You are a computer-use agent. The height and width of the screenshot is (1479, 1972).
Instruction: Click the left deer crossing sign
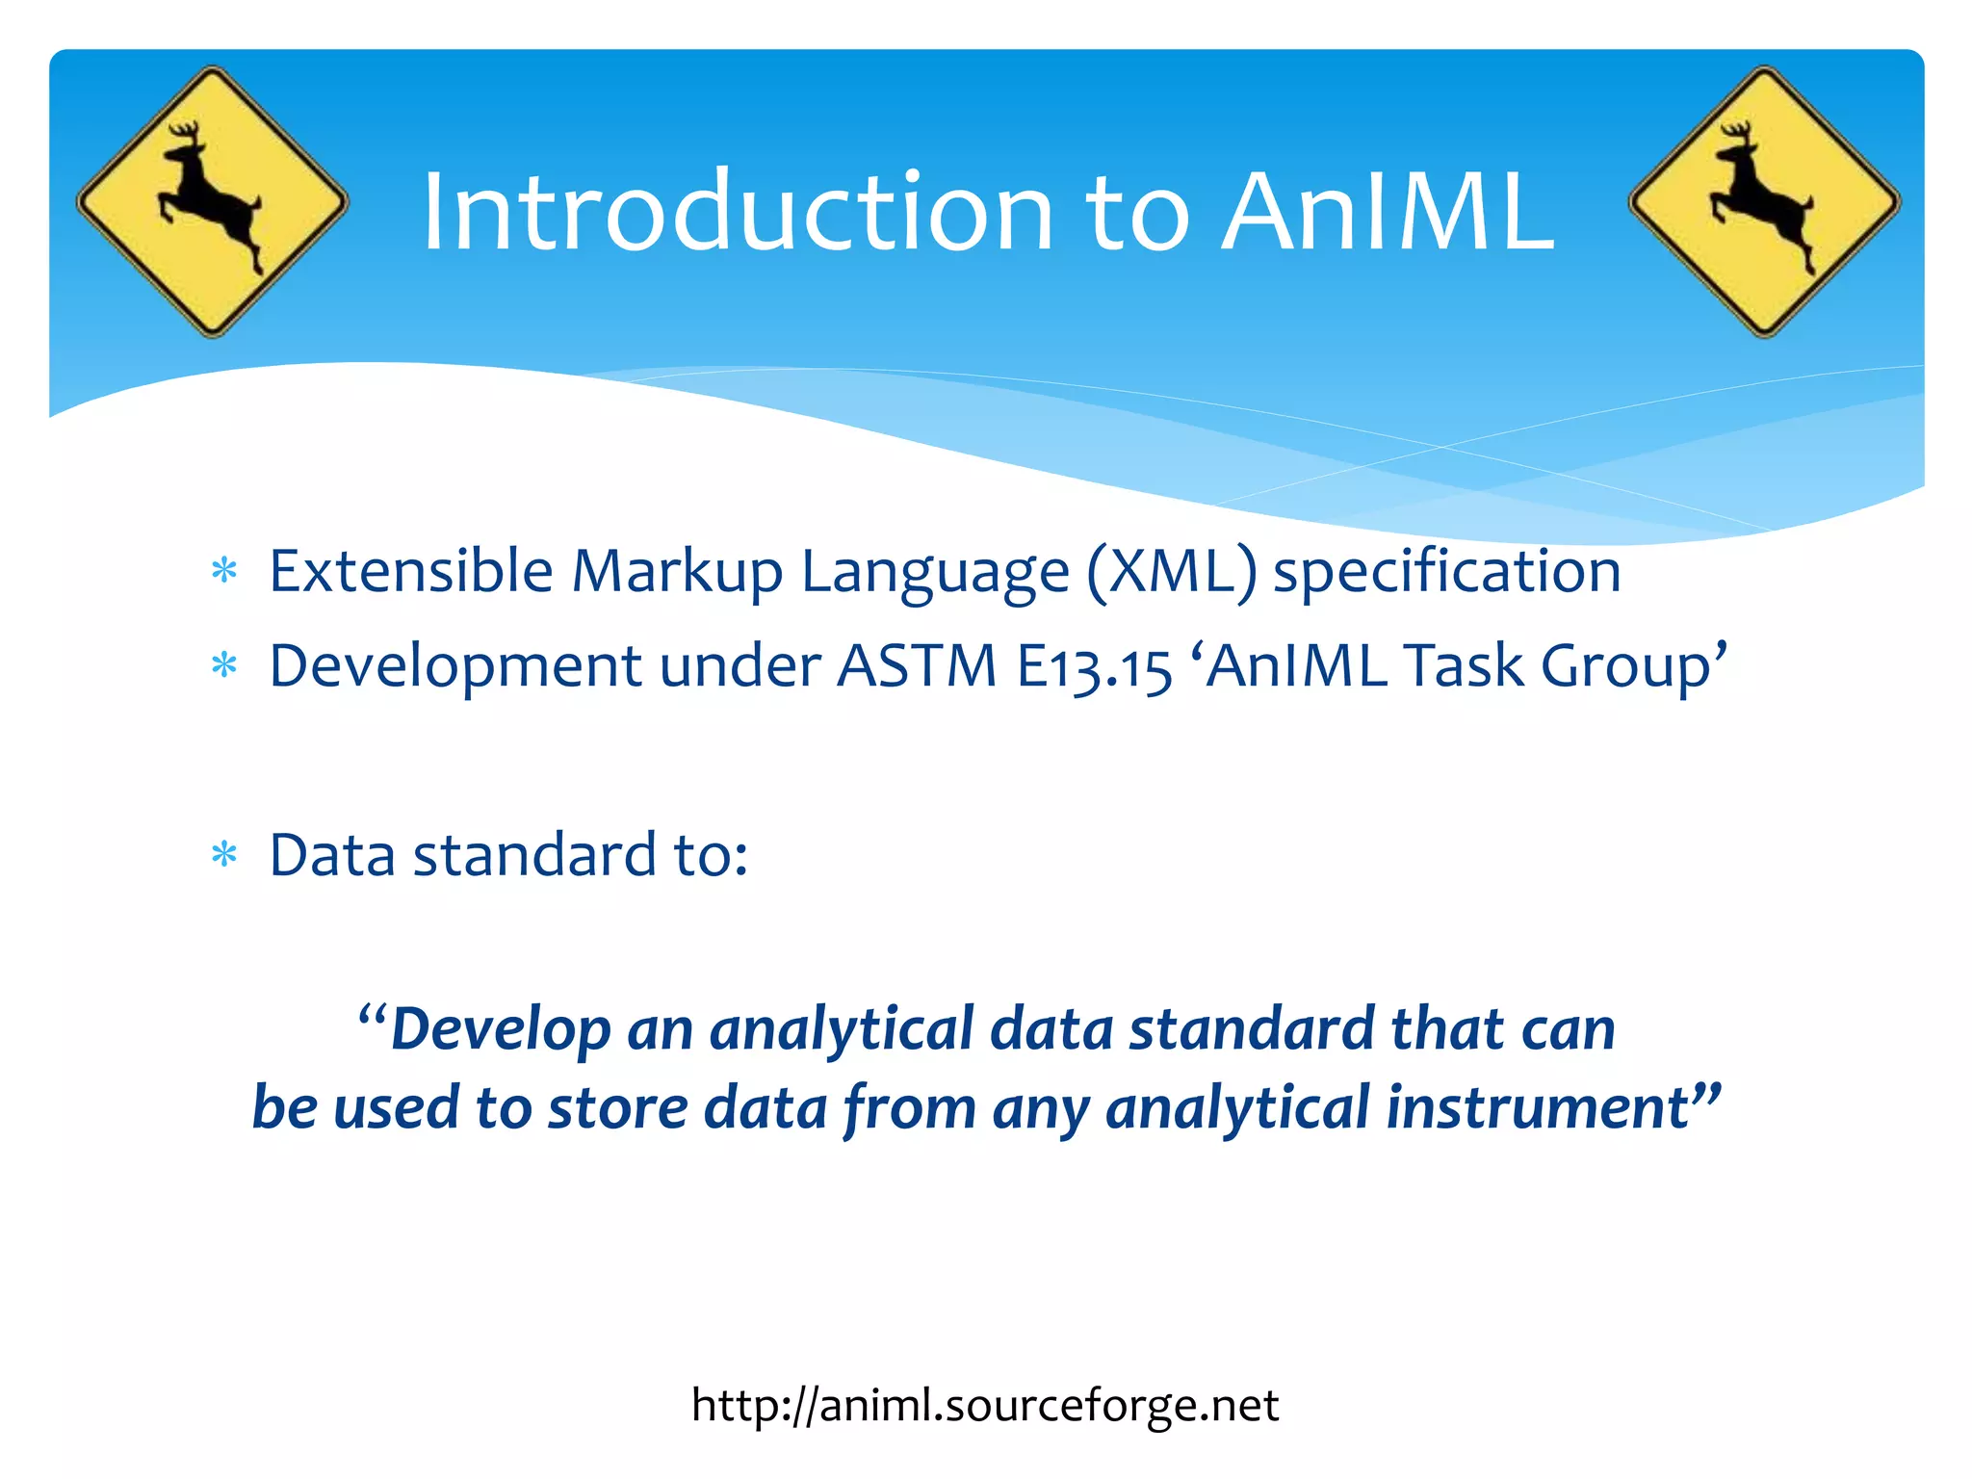(x=212, y=202)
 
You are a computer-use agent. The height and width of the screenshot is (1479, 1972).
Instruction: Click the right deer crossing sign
(x=1764, y=202)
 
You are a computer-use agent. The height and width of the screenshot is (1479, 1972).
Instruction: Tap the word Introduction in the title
(x=738, y=211)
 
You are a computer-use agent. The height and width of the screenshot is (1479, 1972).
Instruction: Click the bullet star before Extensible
(x=224, y=571)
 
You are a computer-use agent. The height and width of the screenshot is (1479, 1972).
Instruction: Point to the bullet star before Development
(x=224, y=665)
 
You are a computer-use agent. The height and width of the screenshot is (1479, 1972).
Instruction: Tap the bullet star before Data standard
(x=224, y=854)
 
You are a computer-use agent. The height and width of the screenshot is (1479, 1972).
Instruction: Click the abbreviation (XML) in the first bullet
(x=1171, y=572)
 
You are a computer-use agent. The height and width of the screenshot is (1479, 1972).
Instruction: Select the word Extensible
(x=410, y=570)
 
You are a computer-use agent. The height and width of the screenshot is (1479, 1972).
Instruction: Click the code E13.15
(x=1094, y=666)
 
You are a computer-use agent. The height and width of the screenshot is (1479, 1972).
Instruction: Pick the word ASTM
(x=916, y=665)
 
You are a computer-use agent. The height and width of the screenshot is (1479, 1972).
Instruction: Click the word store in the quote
(x=617, y=1107)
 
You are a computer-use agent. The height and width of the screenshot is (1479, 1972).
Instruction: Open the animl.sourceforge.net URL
(x=984, y=1405)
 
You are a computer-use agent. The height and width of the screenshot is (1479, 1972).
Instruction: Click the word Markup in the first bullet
(x=676, y=572)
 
